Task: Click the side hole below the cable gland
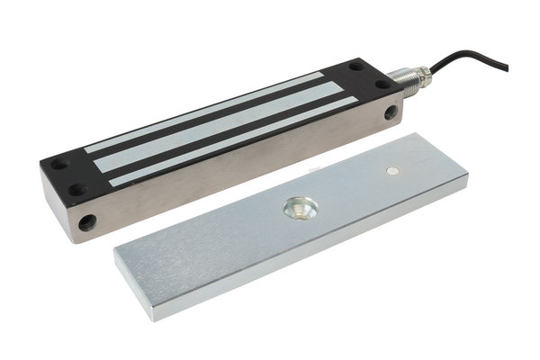[391, 114]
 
